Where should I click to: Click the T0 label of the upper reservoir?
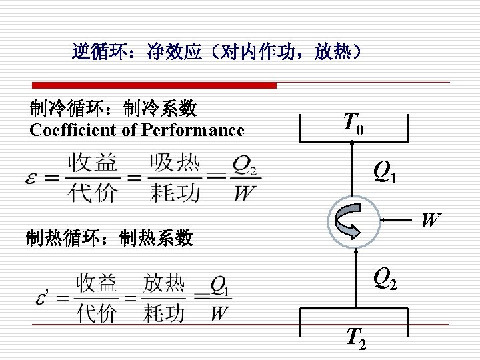pos(353,124)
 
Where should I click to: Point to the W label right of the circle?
pos(431,219)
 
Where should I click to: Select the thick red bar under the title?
pos(155,85)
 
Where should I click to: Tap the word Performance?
pos(193,130)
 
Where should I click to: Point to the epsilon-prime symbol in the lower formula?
pos(43,297)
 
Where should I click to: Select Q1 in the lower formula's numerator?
pos(220,286)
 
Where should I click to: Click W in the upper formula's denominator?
pos(245,193)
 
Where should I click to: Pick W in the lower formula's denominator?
pos(219,313)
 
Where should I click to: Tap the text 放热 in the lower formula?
pos(164,285)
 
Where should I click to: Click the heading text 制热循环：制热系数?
pos(109,237)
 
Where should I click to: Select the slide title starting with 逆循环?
pos(217,51)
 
